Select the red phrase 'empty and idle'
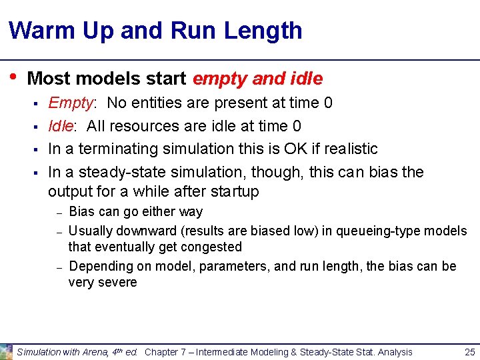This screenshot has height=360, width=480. (257, 79)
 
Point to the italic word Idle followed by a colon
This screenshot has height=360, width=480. (61, 126)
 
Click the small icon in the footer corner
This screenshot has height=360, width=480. (7, 351)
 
